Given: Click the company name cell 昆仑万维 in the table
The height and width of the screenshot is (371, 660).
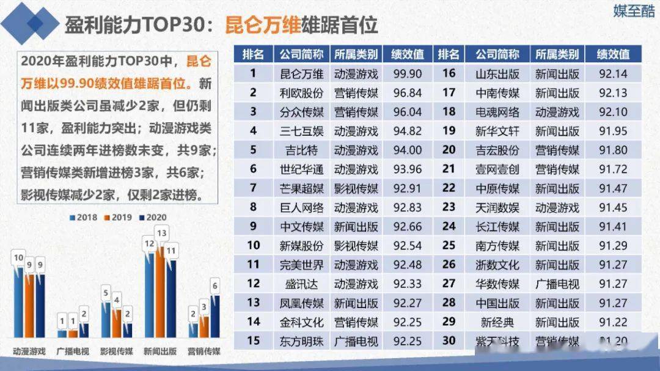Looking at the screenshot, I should click(x=301, y=74).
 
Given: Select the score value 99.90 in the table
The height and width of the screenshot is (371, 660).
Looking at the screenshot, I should click(x=408, y=74).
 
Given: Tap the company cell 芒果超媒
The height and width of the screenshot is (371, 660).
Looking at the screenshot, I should click(x=301, y=188).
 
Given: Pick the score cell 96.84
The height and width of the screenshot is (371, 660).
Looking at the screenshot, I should click(x=408, y=93).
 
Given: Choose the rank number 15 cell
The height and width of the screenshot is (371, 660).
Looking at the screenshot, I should click(x=254, y=340).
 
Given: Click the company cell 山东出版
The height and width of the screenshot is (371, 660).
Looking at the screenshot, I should click(x=497, y=74).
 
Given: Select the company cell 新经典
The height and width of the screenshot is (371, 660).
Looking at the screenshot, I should click(x=497, y=321).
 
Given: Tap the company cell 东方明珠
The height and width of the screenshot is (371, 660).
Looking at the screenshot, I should click(x=301, y=340).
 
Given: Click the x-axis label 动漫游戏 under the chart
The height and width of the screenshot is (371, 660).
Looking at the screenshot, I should click(x=29, y=351).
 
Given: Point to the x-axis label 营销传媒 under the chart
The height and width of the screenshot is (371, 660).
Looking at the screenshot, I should click(x=204, y=351).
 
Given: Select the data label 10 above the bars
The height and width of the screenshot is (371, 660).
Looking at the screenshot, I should click(x=18, y=258).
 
